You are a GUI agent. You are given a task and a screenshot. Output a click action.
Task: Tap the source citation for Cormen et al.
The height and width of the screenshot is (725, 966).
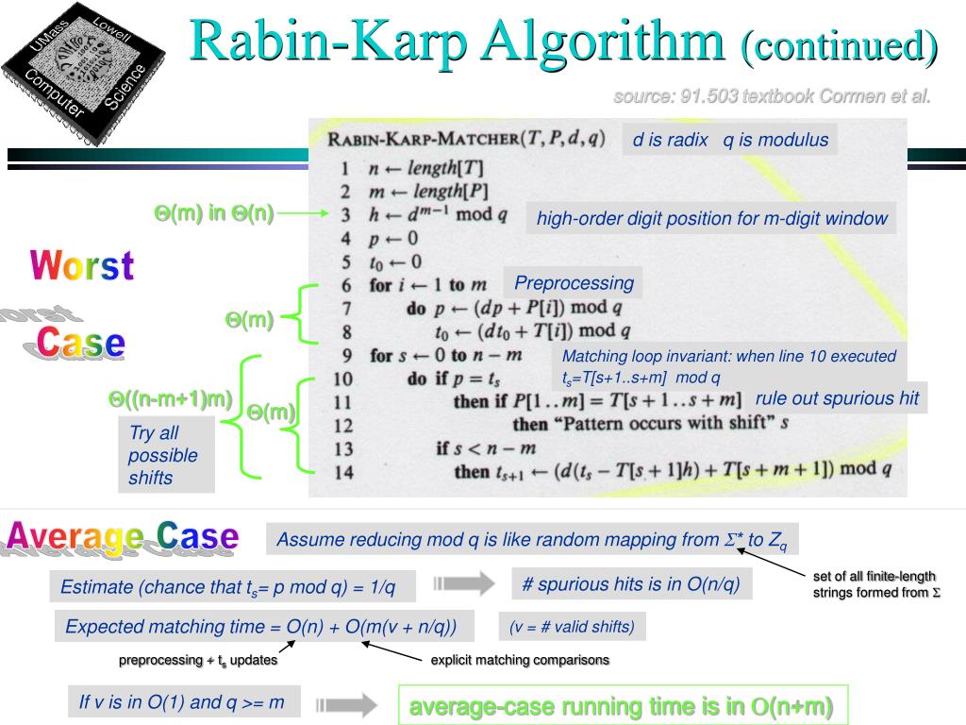pyautogui.click(x=772, y=96)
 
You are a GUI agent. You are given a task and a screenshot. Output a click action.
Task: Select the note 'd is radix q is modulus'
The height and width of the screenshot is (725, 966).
pyautogui.click(x=729, y=141)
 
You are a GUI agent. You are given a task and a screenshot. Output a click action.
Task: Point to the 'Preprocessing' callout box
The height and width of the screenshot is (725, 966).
pyautogui.click(x=574, y=282)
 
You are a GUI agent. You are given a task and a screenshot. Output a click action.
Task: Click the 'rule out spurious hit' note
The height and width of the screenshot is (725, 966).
pyautogui.click(x=836, y=398)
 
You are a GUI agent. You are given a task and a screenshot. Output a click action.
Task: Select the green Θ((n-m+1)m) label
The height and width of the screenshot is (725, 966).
pyautogui.click(x=170, y=399)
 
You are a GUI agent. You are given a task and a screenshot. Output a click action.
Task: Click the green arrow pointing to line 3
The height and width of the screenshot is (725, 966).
pyautogui.click(x=303, y=214)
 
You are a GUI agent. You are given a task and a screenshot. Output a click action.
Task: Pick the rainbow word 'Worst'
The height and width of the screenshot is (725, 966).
pyautogui.click(x=82, y=266)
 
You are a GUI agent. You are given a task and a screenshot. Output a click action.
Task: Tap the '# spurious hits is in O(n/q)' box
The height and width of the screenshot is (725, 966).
pyautogui.click(x=632, y=584)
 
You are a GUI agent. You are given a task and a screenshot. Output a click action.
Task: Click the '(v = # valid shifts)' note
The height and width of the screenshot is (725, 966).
pyautogui.click(x=572, y=626)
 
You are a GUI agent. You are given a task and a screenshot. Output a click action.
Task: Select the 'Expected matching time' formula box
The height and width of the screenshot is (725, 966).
pyautogui.click(x=261, y=626)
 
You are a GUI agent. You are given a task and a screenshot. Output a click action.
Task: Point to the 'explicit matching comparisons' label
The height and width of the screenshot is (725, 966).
pyautogui.click(x=520, y=660)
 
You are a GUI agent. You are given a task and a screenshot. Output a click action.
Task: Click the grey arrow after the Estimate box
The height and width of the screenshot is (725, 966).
pyautogui.click(x=463, y=584)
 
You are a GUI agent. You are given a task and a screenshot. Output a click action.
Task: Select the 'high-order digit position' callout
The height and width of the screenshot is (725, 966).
pyautogui.click(x=712, y=219)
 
